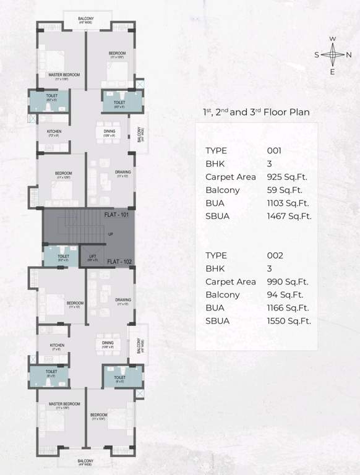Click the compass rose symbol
332,55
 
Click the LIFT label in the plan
92,255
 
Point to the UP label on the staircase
111,234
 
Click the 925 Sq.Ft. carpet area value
287,177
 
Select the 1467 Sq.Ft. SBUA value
289,216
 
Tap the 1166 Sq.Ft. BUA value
288,307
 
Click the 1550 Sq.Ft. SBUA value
289,321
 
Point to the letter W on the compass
332,39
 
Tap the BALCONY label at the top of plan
86,19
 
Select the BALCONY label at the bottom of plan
86,461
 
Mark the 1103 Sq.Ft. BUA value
287,203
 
